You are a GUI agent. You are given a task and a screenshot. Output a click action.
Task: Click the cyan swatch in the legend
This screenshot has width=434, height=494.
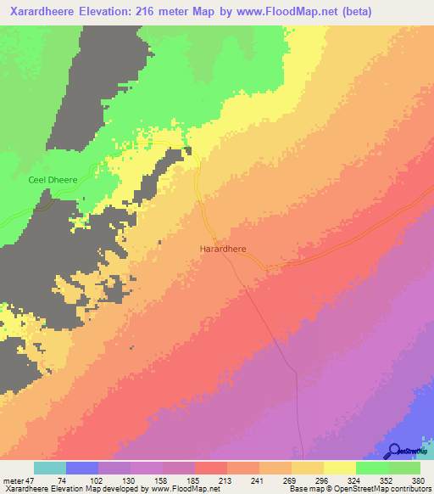click(49, 468)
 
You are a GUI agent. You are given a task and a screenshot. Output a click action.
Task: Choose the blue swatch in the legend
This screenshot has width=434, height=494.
click(81, 468)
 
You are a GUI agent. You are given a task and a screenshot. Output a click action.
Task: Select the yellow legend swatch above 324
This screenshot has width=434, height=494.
click(339, 468)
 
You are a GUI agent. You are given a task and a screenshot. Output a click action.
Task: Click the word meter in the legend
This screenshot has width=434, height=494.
click(12, 479)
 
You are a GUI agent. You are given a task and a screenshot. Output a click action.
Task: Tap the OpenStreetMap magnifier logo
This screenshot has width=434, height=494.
click(393, 452)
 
